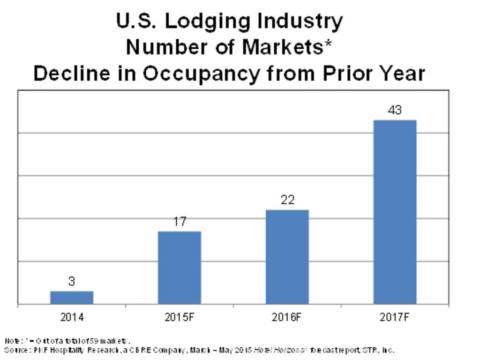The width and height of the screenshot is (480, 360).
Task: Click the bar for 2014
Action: coord(72,298)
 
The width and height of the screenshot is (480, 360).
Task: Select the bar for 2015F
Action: coord(180,268)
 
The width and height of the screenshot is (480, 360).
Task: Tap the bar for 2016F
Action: coord(287,257)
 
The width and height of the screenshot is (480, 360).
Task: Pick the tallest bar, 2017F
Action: coord(395,212)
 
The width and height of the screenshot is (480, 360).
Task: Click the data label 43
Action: coord(395,111)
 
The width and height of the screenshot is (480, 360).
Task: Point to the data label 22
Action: coord(287,200)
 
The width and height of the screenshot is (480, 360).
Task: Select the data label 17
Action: coord(180,222)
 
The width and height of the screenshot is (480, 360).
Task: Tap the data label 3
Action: coord(72,281)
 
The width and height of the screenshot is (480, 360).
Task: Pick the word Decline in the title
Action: coord(69,74)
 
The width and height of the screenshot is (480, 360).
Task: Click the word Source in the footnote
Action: coord(15,350)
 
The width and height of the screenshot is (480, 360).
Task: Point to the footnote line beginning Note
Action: coord(67,341)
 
